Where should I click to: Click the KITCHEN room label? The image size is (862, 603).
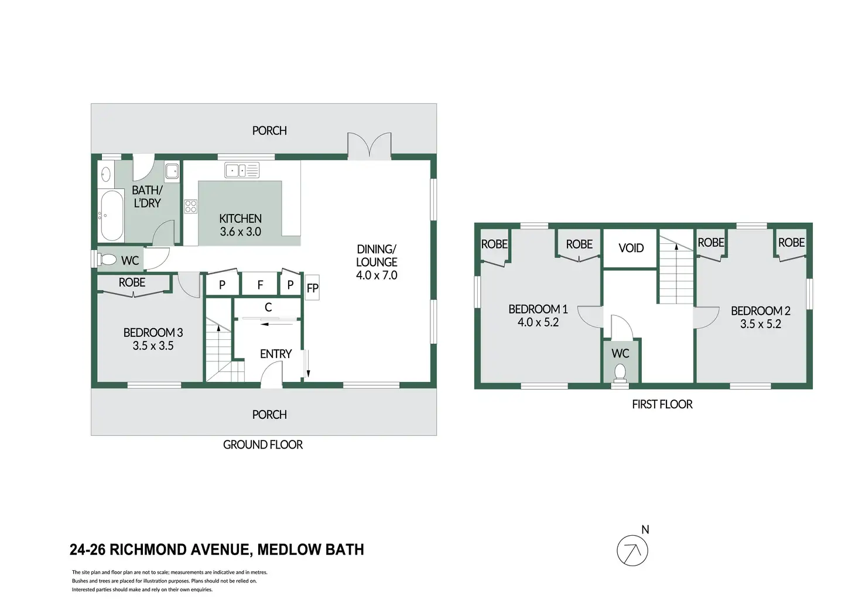coord(241,219)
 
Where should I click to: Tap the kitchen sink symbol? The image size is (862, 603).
coord(242,170)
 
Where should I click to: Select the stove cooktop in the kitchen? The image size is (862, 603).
coord(191,206)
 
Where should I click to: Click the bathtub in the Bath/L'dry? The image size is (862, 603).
coord(111,215)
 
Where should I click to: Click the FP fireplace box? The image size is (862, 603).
coord(313,288)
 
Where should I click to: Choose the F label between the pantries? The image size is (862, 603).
coord(260,285)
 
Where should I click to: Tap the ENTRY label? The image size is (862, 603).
coord(276,354)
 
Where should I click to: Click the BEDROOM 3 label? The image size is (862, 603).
coord(153,332)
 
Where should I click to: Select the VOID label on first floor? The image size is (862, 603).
coord(631,248)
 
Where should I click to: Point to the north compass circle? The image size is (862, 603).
coord(632,550)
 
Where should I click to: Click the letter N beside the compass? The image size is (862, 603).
coord(645,529)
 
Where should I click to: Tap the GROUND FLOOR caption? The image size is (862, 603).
coord(263,445)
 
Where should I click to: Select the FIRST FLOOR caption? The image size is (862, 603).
coord(662,404)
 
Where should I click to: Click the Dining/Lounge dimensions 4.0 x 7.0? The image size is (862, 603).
coord(377,275)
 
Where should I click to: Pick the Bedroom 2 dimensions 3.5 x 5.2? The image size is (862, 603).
coord(761,324)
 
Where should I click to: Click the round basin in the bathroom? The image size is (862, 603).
coord(105,175)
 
